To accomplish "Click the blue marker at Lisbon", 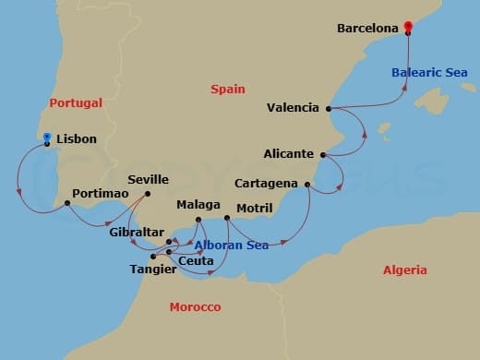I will [47, 137].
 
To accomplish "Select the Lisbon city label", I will [76, 139].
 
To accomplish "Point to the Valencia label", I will [293, 107].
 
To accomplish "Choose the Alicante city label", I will [289, 154].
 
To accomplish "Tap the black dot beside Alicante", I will [322, 154].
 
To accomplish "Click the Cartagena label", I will [266, 184].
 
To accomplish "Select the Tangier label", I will [141, 270].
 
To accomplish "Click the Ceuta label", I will [196, 261].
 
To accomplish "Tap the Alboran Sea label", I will [232, 246].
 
